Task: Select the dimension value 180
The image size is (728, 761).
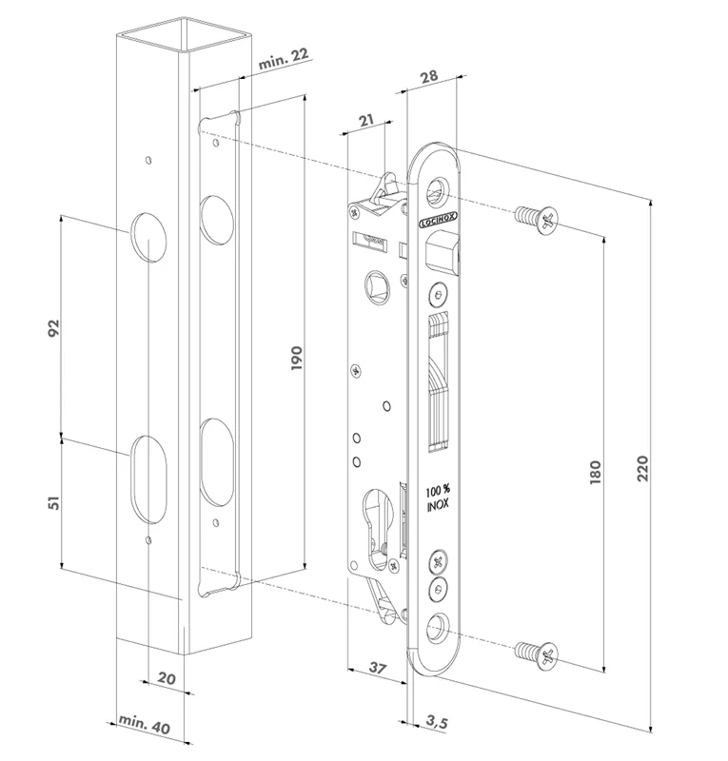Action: tap(595, 473)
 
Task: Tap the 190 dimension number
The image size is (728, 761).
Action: tap(296, 360)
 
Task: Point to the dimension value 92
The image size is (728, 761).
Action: tap(54, 327)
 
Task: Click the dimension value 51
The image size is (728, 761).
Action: tap(54, 503)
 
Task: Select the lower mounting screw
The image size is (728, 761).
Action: tap(537, 653)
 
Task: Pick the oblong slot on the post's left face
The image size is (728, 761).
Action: tap(148, 478)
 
